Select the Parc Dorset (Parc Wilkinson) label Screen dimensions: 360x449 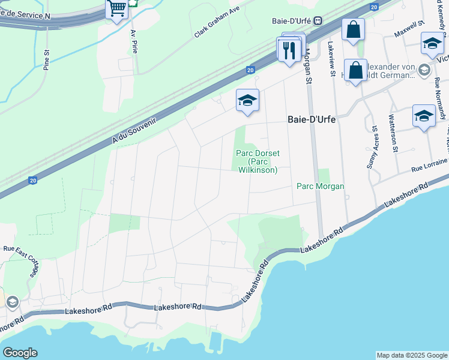coord(257,162)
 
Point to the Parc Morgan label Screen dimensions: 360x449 coord(321,187)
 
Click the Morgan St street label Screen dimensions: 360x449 coord(309,66)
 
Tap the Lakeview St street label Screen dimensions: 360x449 coord(331,59)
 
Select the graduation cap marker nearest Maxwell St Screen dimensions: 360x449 coord(432,43)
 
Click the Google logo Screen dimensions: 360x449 coord(20,353)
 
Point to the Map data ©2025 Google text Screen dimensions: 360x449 coord(411,355)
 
